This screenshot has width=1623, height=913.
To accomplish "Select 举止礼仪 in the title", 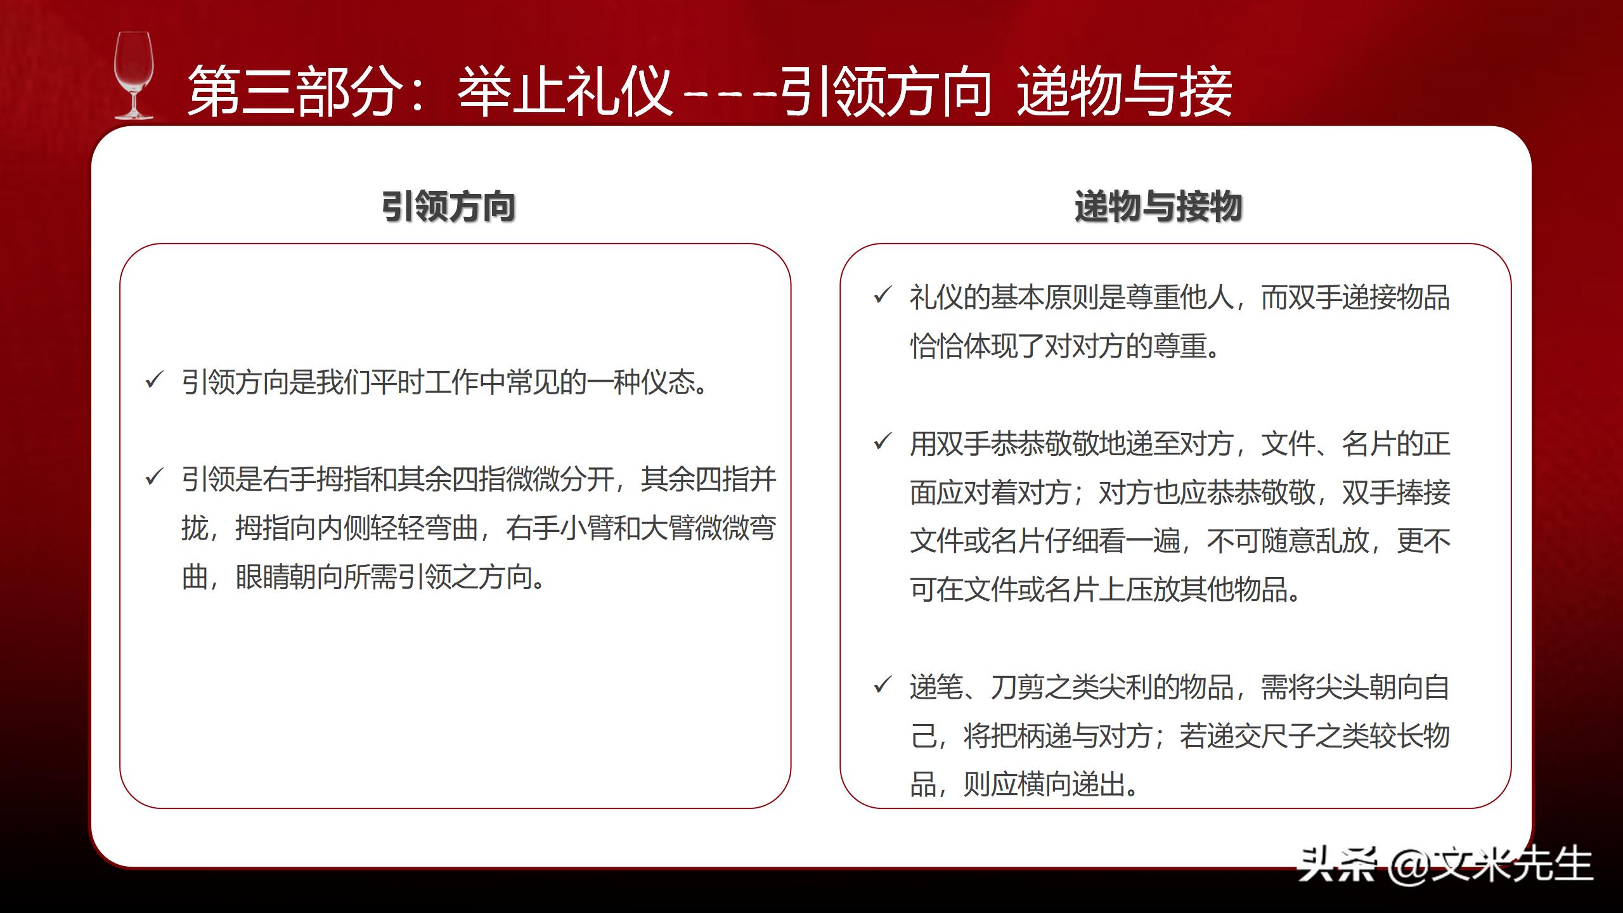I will click(x=565, y=93).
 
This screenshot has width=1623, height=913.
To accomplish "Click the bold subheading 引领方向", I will click(x=448, y=207).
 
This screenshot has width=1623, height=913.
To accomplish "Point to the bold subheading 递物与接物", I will click(x=1158, y=207).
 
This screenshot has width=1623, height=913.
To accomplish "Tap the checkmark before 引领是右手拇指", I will click(x=154, y=477).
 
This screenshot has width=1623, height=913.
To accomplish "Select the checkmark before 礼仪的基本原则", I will click(x=882, y=295).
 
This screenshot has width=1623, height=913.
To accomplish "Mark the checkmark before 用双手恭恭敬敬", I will click(x=882, y=442).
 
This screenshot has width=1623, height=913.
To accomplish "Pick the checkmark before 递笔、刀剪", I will click(x=882, y=685).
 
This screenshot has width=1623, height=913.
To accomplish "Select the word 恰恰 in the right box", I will click(x=936, y=346).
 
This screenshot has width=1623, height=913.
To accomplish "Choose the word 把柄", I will click(x=1018, y=736).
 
